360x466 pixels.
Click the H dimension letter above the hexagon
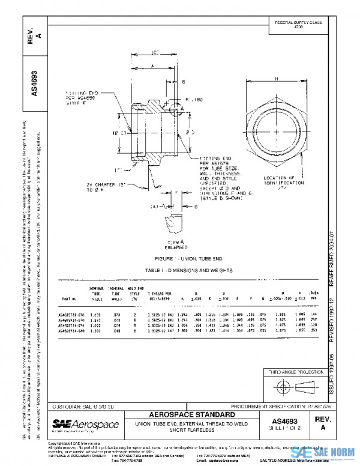click(275, 78)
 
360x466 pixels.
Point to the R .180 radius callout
click(196, 98)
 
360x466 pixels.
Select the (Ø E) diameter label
click(118, 131)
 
